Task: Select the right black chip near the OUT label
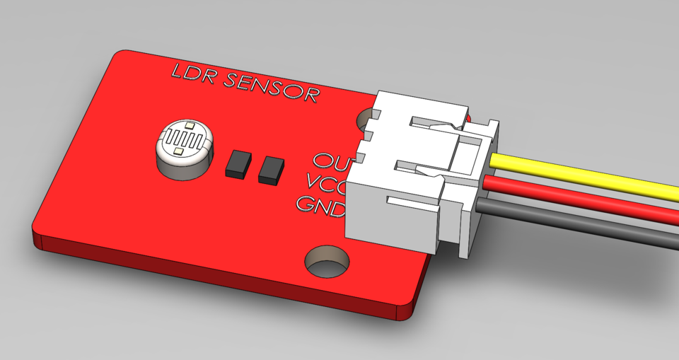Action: point(271,170)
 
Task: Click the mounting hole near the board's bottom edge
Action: point(327,261)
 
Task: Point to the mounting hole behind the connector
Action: point(369,117)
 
